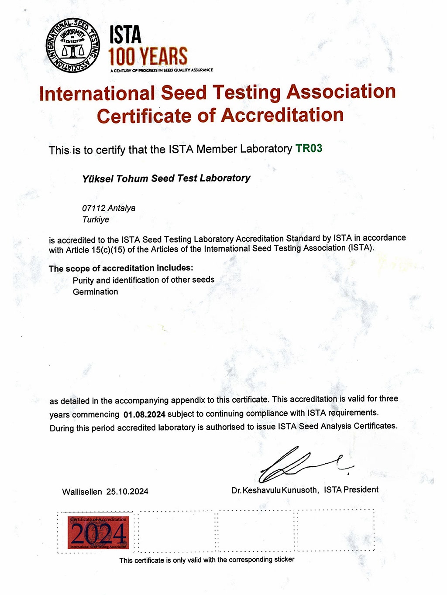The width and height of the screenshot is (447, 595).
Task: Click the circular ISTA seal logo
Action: [x=73, y=46]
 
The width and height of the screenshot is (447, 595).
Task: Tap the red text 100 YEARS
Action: [x=148, y=57]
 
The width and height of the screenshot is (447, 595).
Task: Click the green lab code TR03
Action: [x=309, y=148]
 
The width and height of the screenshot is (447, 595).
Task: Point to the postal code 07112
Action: [x=93, y=208]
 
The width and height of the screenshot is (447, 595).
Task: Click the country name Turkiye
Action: [x=96, y=219]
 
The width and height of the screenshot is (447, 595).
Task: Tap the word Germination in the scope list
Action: [x=95, y=292]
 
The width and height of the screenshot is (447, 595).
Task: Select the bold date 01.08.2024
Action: [x=144, y=414]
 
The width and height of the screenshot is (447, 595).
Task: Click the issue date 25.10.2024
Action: [x=127, y=492]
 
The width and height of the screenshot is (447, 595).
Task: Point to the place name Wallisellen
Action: [x=82, y=492]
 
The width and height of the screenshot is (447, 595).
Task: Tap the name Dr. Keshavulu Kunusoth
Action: [x=275, y=490]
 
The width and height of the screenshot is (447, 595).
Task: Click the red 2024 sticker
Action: [x=98, y=533]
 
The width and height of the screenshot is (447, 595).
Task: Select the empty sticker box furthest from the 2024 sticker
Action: [x=336, y=530]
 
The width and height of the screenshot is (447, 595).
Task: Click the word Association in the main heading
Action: [x=341, y=92]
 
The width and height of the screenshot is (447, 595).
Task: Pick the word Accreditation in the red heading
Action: [x=282, y=116]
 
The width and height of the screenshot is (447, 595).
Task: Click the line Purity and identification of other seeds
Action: [x=144, y=280]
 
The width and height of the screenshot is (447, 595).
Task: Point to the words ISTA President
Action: [x=351, y=489]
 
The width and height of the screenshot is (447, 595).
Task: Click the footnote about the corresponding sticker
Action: [x=207, y=560]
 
